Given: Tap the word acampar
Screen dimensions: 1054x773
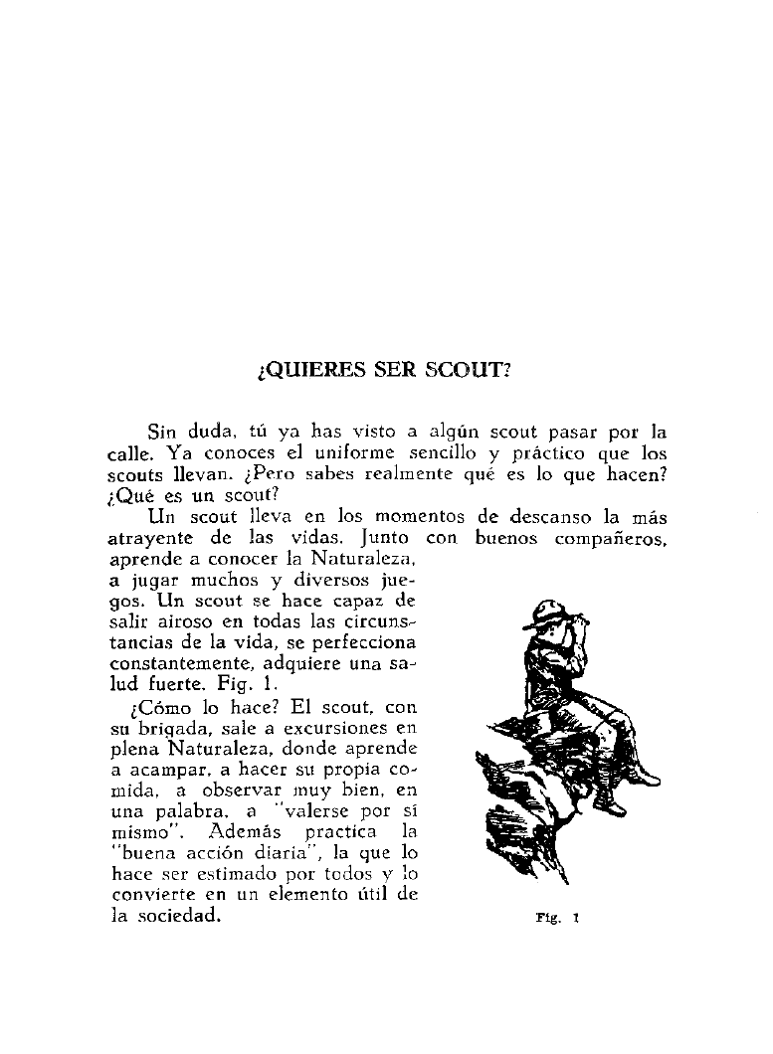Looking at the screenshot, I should (165, 771).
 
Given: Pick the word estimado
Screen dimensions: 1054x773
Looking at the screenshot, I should (245, 875).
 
